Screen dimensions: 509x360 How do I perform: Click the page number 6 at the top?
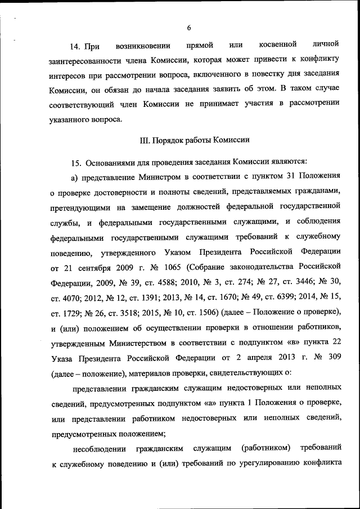(189, 28)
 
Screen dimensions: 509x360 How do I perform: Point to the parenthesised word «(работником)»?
(264, 448)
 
